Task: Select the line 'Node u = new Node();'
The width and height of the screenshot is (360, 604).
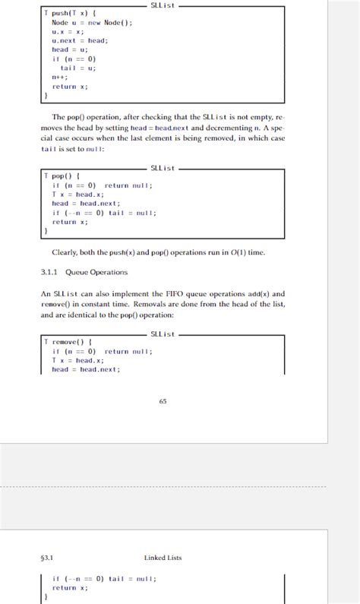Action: pos(92,23)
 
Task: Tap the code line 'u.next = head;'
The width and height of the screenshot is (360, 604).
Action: pos(80,40)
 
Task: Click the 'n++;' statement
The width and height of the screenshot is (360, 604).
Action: pos(60,77)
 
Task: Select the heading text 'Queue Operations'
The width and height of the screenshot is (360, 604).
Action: pos(96,272)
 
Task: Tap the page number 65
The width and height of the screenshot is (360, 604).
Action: pos(163,401)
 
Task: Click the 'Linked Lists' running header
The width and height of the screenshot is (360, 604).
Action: pos(163,558)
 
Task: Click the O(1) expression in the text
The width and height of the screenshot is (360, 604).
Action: pos(239,252)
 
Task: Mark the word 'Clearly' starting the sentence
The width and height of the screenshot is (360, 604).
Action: pos(64,252)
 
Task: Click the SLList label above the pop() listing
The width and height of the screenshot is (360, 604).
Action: pos(163,168)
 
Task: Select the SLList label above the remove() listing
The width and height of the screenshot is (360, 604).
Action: pos(163,334)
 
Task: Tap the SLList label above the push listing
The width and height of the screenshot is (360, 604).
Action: pos(163,5)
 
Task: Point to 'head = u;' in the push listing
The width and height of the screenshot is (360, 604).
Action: pos(70,49)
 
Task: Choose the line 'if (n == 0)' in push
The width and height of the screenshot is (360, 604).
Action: pos(74,59)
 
